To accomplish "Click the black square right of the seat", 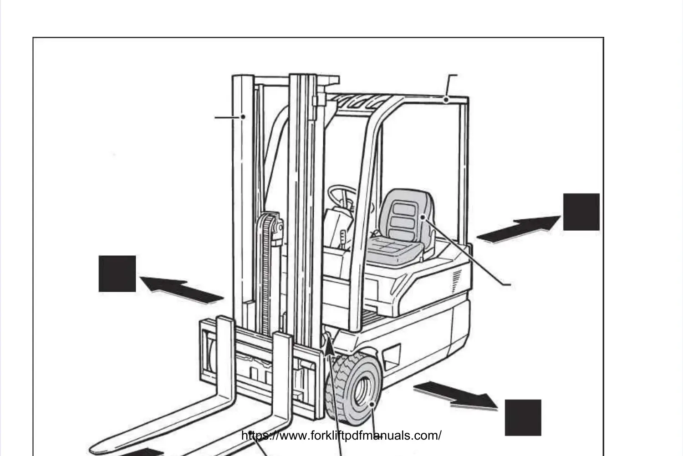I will tap(581, 212).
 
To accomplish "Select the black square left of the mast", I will tap(117, 274).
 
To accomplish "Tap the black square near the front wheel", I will tap(523, 418).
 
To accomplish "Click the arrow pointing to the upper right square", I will tap(519, 229).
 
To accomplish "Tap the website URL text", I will tap(341, 436).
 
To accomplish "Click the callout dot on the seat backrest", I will tap(423, 217).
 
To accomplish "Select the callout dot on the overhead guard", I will tap(447, 99).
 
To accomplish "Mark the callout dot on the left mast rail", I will tap(243, 117).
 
